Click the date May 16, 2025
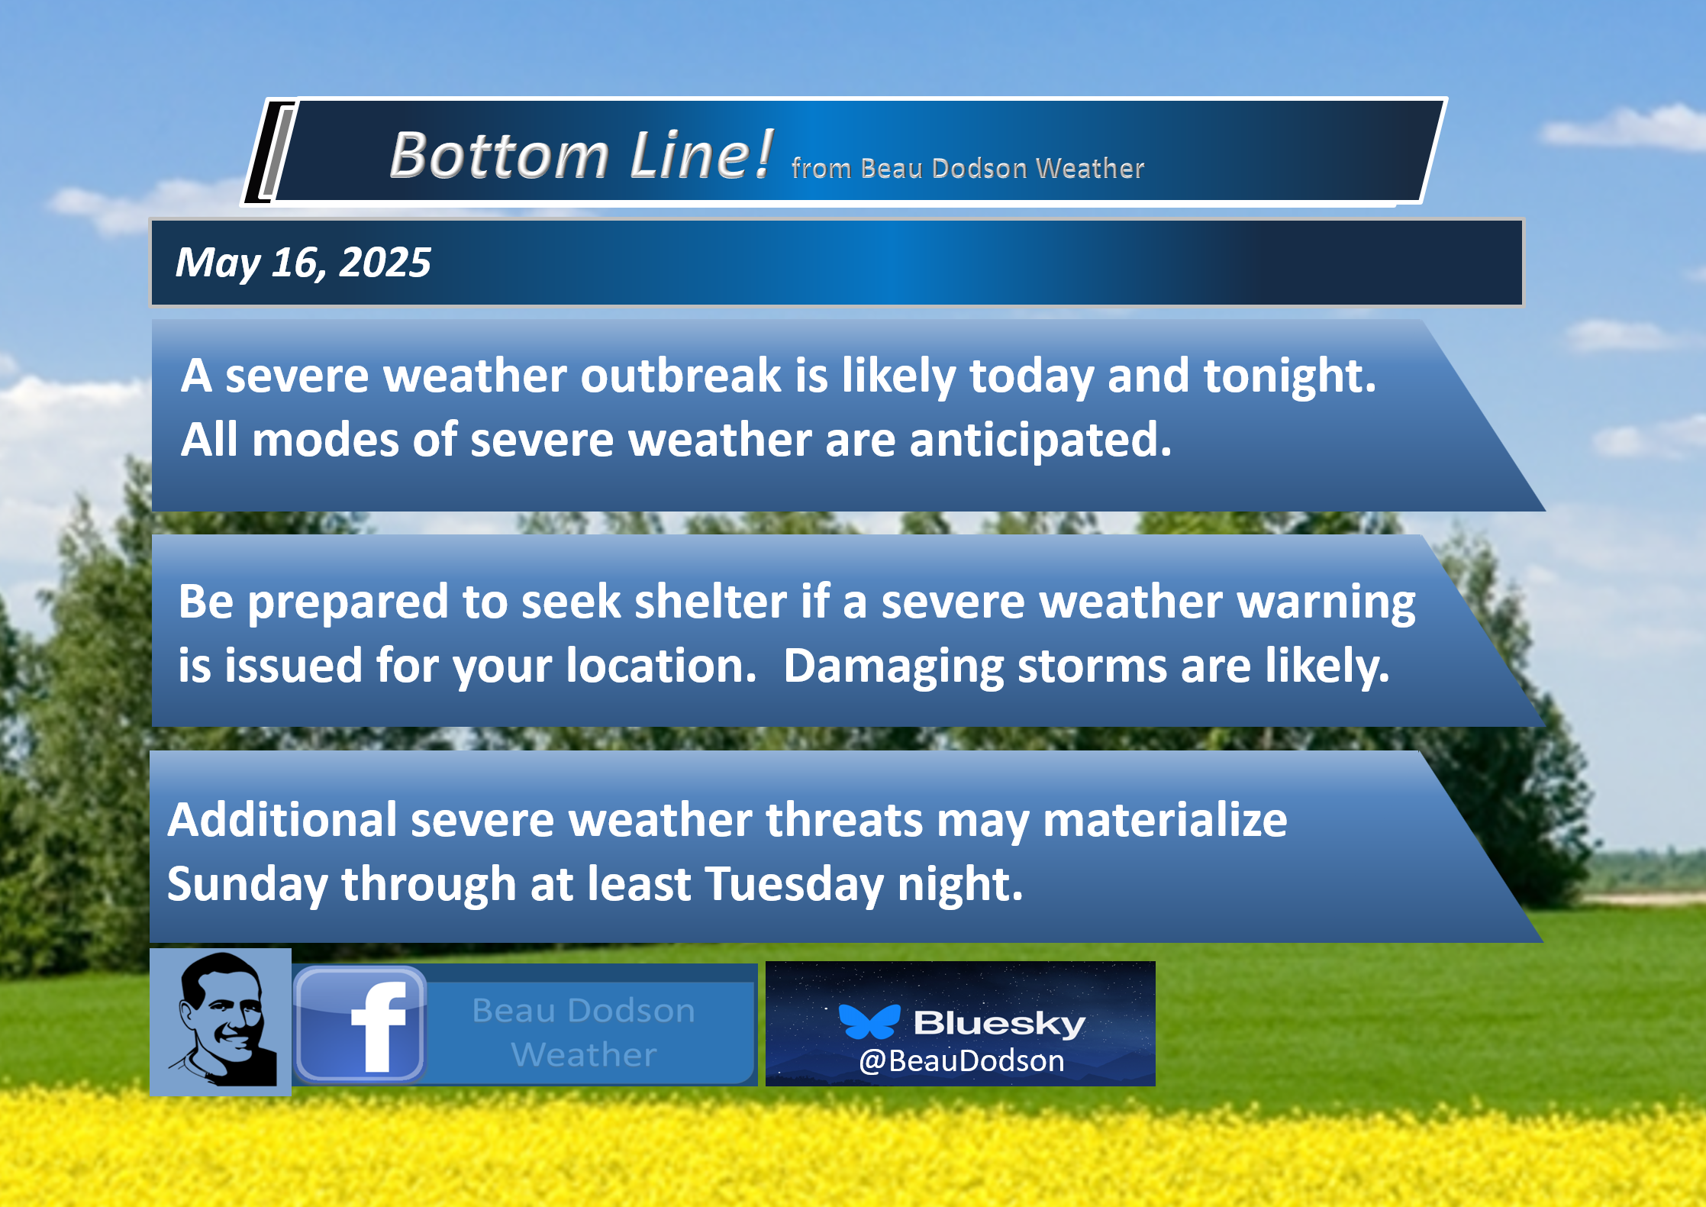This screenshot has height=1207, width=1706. (x=303, y=263)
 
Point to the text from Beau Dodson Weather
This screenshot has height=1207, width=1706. (x=968, y=168)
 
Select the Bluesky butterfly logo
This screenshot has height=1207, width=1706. (x=869, y=1021)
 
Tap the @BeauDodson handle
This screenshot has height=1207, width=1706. (x=962, y=1061)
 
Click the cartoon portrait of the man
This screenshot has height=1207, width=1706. (x=221, y=1021)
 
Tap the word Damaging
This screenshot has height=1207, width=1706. (x=893, y=667)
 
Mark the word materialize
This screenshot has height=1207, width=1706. (x=1165, y=820)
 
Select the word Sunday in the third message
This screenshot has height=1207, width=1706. (x=247, y=885)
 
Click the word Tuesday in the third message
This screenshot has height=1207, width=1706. (x=794, y=885)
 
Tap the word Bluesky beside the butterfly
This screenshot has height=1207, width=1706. (x=999, y=1023)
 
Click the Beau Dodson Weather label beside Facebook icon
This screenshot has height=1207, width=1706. (x=584, y=1032)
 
